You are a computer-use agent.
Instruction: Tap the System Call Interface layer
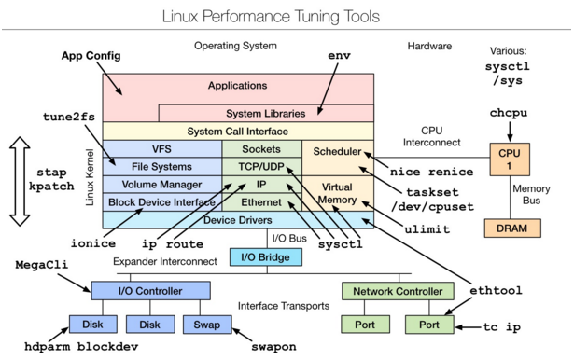pyautogui.click(x=237, y=132)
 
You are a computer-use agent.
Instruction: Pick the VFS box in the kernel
pyautogui.click(x=161, y=149)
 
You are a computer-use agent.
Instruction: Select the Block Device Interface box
pyautogui.click(x=161, y=201)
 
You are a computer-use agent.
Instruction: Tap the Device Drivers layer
pyautogui.click(x=237, y=220)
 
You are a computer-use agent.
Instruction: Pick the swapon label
pyautogui.click(x=273, y=346)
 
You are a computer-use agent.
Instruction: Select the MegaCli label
pyautogui.click(x=40, y=265)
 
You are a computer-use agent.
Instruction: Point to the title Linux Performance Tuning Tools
pyautogui.click(x=286, y=16)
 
